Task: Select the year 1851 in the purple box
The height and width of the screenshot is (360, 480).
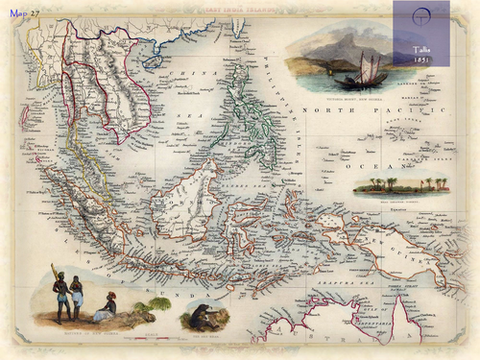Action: coord(421,58)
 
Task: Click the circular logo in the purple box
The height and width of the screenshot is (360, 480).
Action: coord(421,20)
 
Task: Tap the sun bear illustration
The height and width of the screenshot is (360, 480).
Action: coord(202,314)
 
